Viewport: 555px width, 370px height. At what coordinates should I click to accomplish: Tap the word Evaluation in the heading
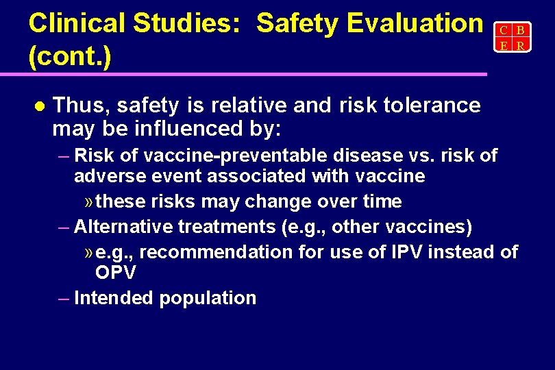415,24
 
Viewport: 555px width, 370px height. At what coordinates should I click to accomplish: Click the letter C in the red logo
503,31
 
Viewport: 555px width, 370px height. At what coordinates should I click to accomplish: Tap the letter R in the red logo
521,46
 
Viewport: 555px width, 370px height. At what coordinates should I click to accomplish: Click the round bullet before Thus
38,106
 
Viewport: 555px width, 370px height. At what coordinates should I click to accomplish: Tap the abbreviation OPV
116,273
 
